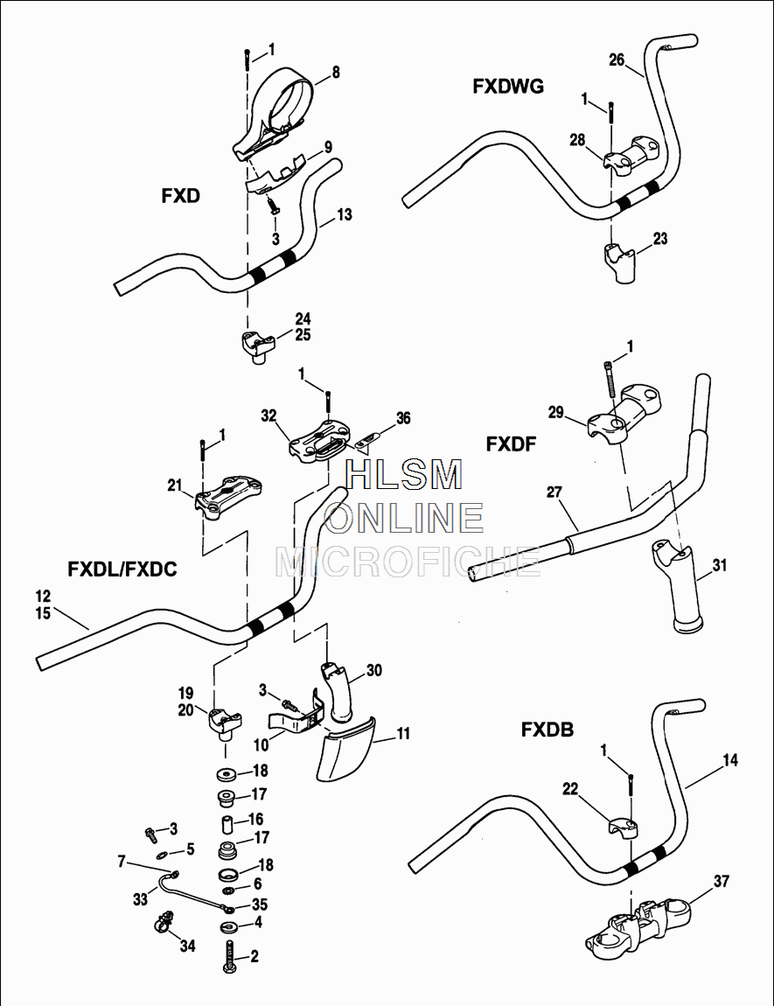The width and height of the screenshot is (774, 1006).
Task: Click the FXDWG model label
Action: [508, 86]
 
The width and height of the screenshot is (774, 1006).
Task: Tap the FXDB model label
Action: [547, 729]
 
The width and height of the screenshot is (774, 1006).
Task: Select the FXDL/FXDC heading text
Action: [122, 569]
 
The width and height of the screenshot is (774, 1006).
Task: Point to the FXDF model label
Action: [511, 444]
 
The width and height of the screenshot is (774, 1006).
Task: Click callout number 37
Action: [721, 882]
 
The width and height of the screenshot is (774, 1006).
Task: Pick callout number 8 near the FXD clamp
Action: [336, 73]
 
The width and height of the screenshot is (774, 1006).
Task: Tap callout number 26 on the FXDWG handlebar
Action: [617, 59]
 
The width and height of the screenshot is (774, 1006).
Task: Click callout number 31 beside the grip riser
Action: [719, 565]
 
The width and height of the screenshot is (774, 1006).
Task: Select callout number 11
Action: [403, 734]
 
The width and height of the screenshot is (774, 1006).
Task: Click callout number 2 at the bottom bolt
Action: [255, 956]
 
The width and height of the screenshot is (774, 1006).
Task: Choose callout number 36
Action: [403, 419]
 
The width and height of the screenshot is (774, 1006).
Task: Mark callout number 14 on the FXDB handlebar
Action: [730, 761]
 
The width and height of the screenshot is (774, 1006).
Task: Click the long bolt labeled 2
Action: [231, 958]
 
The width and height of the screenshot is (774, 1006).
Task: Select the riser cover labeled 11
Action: [344, 752]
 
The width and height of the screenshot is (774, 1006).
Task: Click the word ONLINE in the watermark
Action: [404, 518]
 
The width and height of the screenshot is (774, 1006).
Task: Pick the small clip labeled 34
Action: [164, 923]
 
